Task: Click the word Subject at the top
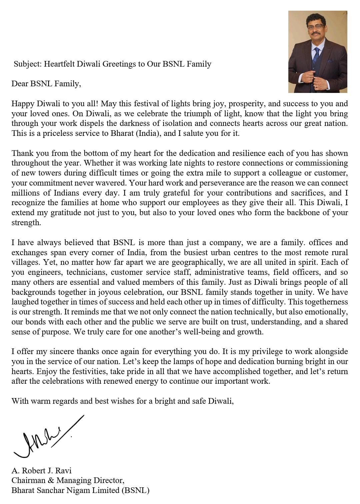pyautogui.click(x=27, y=64)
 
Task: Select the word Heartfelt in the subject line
pyautogui.click(x=59, y=64)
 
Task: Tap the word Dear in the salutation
pyautogui.click(x=20, y=84)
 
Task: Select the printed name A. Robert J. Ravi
pyautogui.click(x=42, y=471)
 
